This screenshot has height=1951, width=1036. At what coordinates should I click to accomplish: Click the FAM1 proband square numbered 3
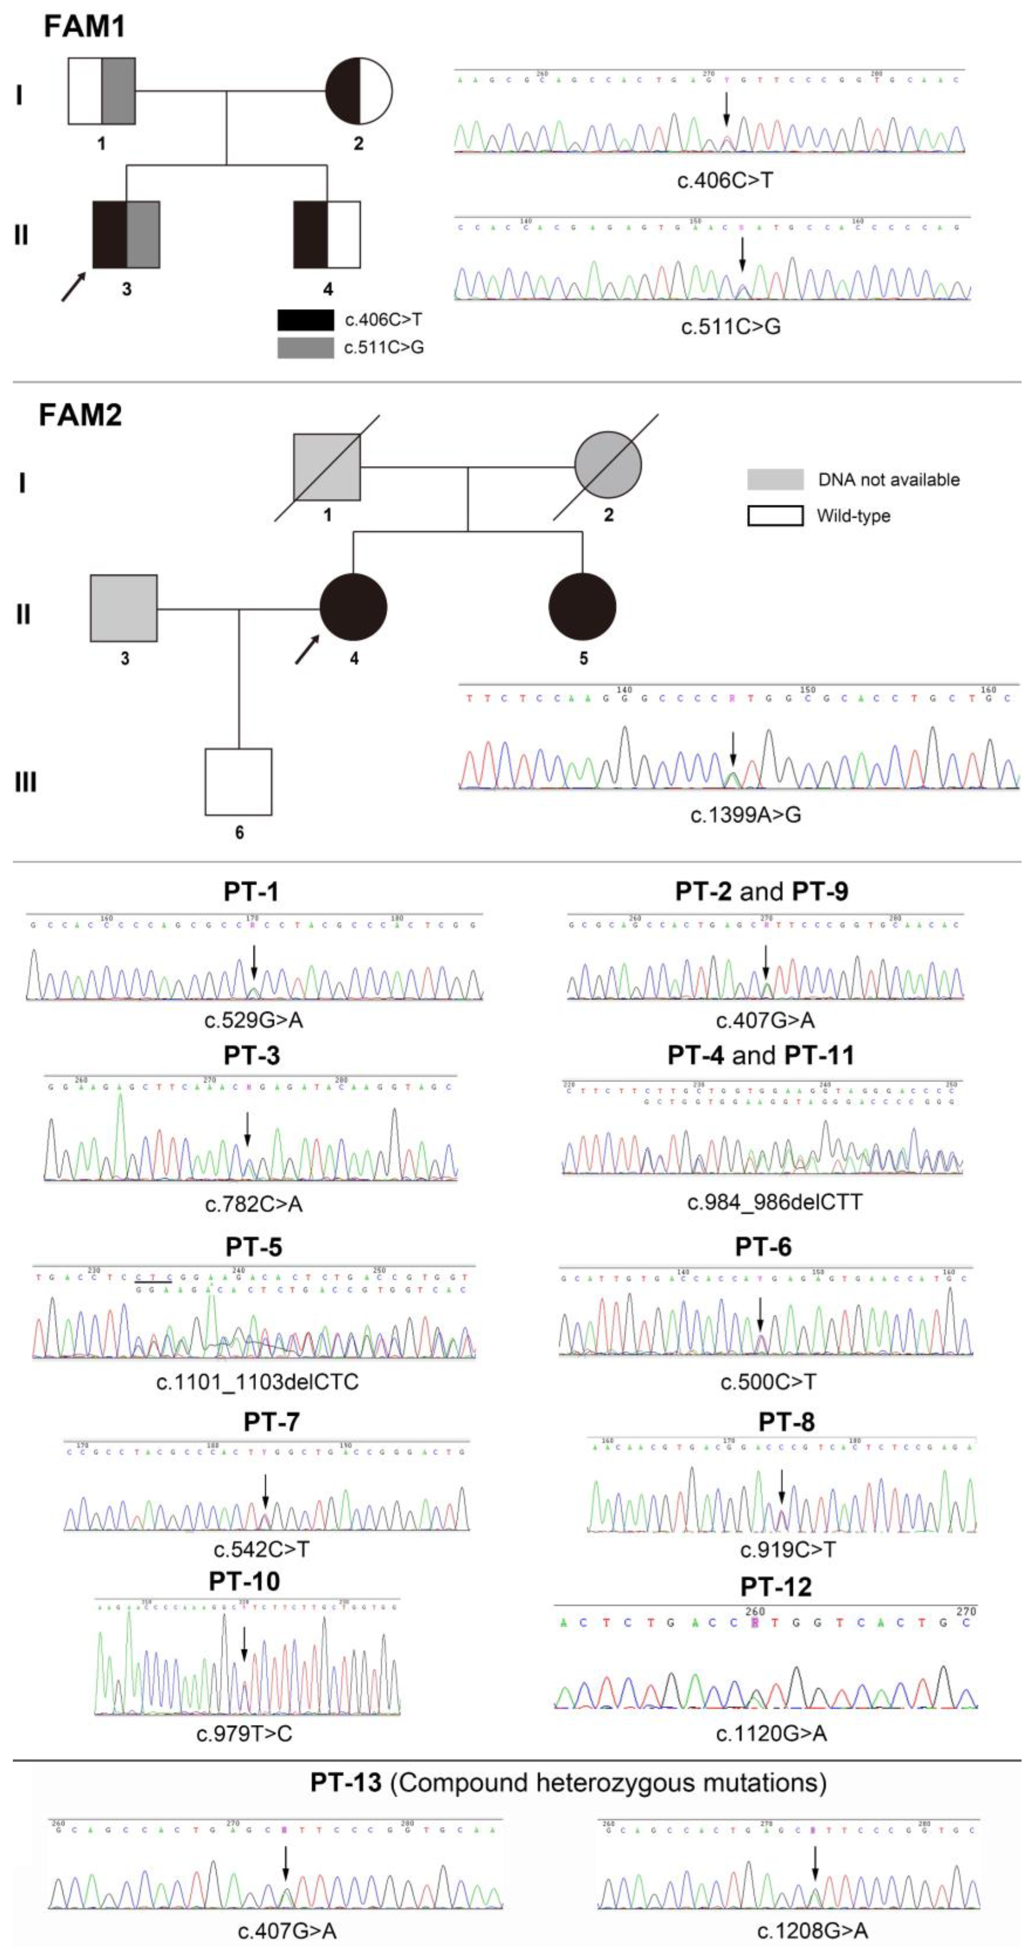(x=126, y=235)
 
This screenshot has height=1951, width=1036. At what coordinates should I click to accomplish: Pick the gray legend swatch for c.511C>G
(x=305, y=348)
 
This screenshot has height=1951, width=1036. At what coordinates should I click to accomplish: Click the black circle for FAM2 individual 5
(x=582, y=607)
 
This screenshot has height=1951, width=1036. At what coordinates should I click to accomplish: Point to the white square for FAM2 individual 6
(x=238, y=781)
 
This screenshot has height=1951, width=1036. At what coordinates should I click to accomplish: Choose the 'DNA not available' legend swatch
(x=775, y=479)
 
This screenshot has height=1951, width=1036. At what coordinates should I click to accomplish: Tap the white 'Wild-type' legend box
(x=775, y=516)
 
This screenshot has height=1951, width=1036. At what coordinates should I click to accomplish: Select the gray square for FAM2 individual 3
(x=124, y=608)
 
